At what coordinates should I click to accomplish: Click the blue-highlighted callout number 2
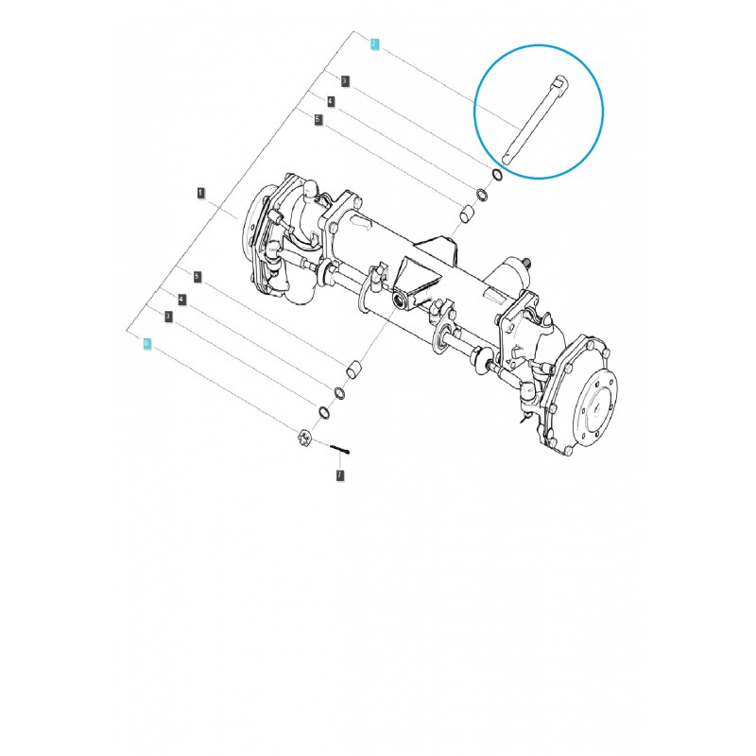375,44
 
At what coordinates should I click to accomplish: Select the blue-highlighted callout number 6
146,344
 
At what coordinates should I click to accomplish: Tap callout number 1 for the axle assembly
200,192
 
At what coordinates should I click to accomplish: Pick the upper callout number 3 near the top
345,81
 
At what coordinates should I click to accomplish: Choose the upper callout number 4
331,101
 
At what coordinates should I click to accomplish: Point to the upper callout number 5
318,120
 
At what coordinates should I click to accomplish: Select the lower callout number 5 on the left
197,277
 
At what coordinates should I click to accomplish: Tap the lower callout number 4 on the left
182,299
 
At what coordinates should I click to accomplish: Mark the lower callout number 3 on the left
167,316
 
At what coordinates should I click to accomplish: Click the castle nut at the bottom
304,438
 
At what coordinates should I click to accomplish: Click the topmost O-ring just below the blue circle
496,177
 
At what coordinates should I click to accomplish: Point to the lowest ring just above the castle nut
324,412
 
